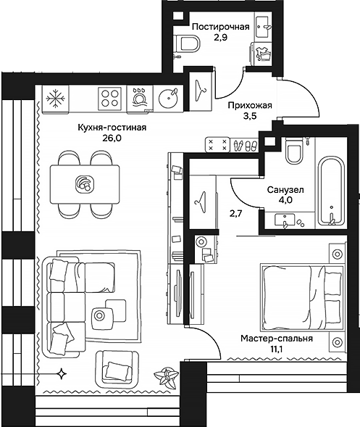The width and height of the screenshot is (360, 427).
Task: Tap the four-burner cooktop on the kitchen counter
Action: coord(109,98)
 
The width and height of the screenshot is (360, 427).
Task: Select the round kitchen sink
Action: coord(168,98)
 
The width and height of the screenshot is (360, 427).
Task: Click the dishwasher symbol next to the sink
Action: coord(140,99)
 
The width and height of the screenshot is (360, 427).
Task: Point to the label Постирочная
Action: coord(221,27)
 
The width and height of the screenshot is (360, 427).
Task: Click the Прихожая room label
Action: coord(250,105)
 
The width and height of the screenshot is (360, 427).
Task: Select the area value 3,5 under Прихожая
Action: coord(250,116)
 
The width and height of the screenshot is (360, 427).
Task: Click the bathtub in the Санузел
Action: coord(331,191)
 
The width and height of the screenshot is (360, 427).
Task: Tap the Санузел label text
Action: coord(285,189)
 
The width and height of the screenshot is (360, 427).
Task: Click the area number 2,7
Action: coord(235,213)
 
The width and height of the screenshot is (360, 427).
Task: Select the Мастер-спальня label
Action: coord(277,339)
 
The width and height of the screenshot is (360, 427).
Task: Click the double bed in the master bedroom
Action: coord(301,297)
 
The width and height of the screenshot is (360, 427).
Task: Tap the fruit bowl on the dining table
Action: coord(85,184)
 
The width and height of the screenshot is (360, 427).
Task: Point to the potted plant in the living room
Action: coord(166,376)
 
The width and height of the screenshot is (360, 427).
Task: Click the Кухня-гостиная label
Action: coord(112,128)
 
